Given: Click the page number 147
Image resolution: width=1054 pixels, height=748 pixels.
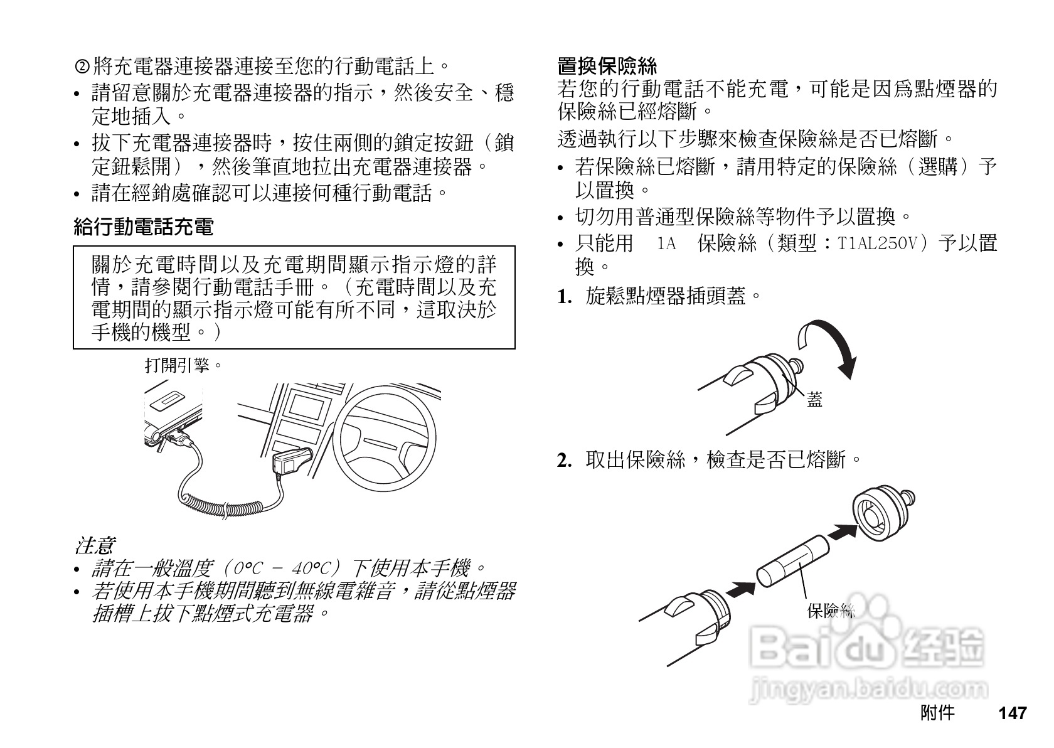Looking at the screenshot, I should (x=1012, y=713).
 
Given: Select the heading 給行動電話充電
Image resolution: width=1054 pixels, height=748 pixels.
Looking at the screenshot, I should (x=144, y=226).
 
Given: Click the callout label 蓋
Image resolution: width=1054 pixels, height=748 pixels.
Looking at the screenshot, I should (x=814, y=399).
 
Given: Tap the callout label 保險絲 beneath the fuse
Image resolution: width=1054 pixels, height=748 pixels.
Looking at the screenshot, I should (x=830, y=610).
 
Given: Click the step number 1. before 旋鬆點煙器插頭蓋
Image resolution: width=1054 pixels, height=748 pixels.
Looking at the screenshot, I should (x=565, y=297).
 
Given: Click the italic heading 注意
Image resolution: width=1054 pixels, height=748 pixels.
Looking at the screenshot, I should (x=94, y=545).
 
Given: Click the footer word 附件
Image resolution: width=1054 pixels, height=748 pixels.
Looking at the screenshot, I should (x=937, y=713).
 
